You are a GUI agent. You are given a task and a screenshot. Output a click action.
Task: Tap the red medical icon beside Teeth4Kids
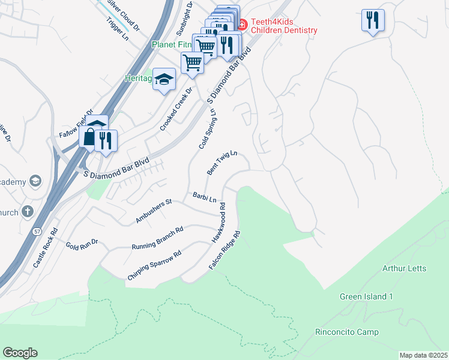tap(242, 25)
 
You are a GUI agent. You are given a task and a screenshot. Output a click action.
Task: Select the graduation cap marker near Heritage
tap(164, 79)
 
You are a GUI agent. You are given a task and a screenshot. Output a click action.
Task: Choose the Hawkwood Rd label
tap(218, 223)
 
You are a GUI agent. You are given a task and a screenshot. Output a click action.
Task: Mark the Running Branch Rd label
tap(157, 238)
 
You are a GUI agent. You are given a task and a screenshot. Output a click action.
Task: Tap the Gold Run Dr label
tap(82, 245)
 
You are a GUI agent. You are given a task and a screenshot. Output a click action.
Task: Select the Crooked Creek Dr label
tap(176, 110)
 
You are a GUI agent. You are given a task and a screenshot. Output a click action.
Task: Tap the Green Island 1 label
tap(366, 296)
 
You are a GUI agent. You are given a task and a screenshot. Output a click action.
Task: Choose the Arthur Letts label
tap(404, 268)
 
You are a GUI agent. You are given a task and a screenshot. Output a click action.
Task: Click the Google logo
tap(20, 353)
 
